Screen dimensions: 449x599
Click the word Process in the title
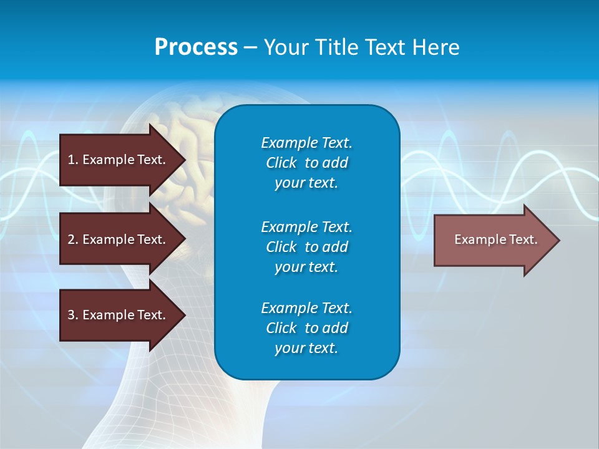[x=196, y=47]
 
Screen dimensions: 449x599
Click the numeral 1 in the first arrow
[x=71, y=160]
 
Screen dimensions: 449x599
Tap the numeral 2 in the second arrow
[x=71, y=239]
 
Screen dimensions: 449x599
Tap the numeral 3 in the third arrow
[x=71, y=315]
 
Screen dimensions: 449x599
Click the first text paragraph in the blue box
[x=306, y=163]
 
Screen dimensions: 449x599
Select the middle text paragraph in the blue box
[x=306, y=247]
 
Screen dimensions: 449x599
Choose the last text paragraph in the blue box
[x=306, y=328]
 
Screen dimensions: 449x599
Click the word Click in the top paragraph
[x=281, y=163]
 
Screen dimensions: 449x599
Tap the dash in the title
[x=250, y=47]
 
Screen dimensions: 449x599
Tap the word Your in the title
[x=285, y=47]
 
